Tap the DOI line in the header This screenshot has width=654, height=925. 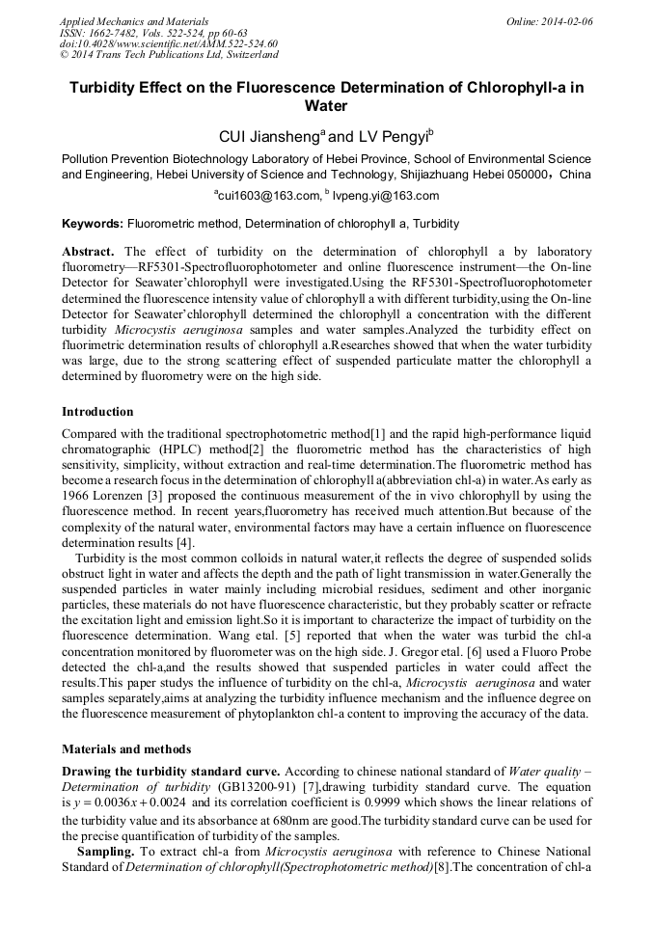169,43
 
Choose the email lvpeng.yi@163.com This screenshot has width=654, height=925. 388,196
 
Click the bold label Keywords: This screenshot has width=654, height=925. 92,224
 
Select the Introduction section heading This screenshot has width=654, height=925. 97,412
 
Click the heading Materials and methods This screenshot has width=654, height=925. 126,748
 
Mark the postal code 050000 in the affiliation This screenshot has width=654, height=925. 523,175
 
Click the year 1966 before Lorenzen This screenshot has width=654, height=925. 77,490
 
